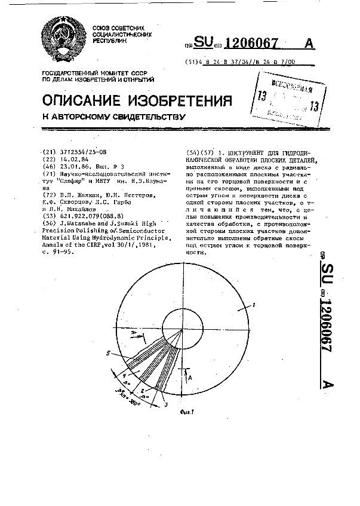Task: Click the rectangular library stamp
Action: tap(285, 98)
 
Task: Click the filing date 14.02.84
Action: tap(71, 160)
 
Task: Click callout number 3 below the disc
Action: tap(165, 405)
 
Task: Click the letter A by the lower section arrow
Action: tap(190, 378)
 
